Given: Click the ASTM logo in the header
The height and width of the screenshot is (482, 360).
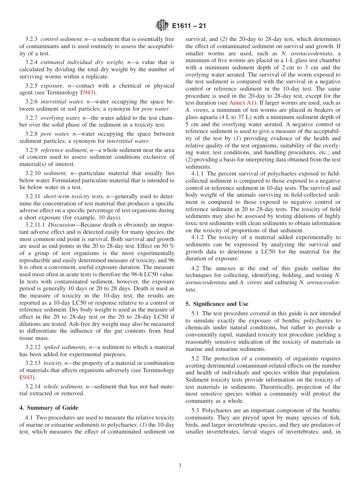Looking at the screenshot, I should click(162, 26).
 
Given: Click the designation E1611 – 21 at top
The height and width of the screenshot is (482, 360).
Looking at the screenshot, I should click(189, 26).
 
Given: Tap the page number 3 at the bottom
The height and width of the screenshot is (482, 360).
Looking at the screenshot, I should click(180, 466).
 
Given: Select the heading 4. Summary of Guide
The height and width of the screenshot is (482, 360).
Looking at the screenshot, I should click(49, 408).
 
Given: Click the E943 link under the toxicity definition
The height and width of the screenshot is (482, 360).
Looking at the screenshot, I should click(26, 377).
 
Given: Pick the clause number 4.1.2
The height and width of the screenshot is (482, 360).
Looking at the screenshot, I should click(199, 238).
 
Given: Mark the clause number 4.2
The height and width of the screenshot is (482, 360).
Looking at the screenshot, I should click(196, 268).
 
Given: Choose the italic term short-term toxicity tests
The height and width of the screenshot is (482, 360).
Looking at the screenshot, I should click(74, 196).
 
